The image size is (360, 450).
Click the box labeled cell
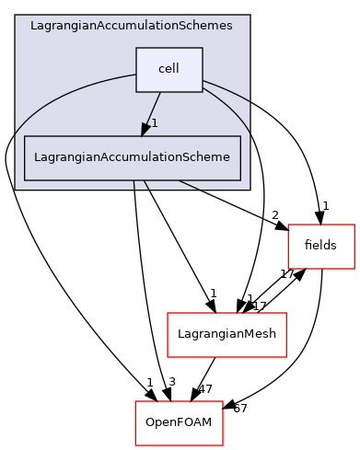168,70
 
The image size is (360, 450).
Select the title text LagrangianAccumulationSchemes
132,26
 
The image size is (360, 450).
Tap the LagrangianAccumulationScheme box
132,157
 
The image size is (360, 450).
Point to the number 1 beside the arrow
155,123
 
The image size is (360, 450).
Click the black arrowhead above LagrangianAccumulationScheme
145,129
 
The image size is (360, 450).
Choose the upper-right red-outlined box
320,246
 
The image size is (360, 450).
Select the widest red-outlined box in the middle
226,334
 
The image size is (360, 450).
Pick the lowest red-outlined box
179,422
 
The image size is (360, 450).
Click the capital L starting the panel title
33,26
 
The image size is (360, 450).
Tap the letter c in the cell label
161,70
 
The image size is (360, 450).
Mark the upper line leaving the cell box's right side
226,89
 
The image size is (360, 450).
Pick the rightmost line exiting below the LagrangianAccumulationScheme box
189,184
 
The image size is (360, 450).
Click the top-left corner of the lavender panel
16,16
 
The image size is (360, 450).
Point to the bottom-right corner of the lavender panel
249,189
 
